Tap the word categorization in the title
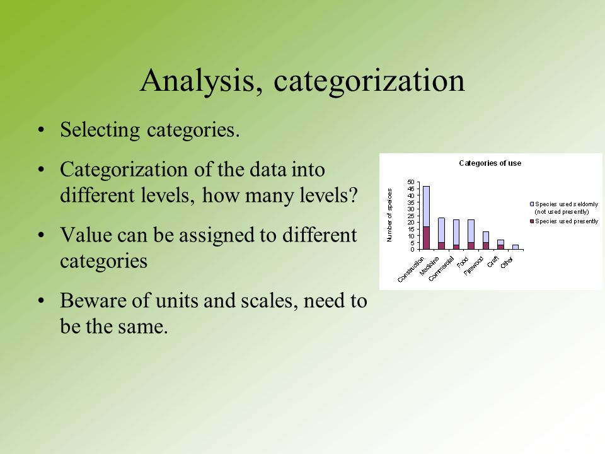point(369,81)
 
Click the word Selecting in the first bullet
point(100,130)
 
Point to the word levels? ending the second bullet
point(329,195)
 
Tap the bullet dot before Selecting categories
point(42,130)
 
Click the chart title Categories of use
point(490,163)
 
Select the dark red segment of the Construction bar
point(427,238)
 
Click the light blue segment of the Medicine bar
point(441,230)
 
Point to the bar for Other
point(516,247)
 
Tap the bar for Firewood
point(486,240)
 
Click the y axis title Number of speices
point(389,215)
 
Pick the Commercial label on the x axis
point(441,269)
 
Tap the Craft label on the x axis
point(493,262)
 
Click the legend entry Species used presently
point(564,221)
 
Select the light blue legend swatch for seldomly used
point(532,204)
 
